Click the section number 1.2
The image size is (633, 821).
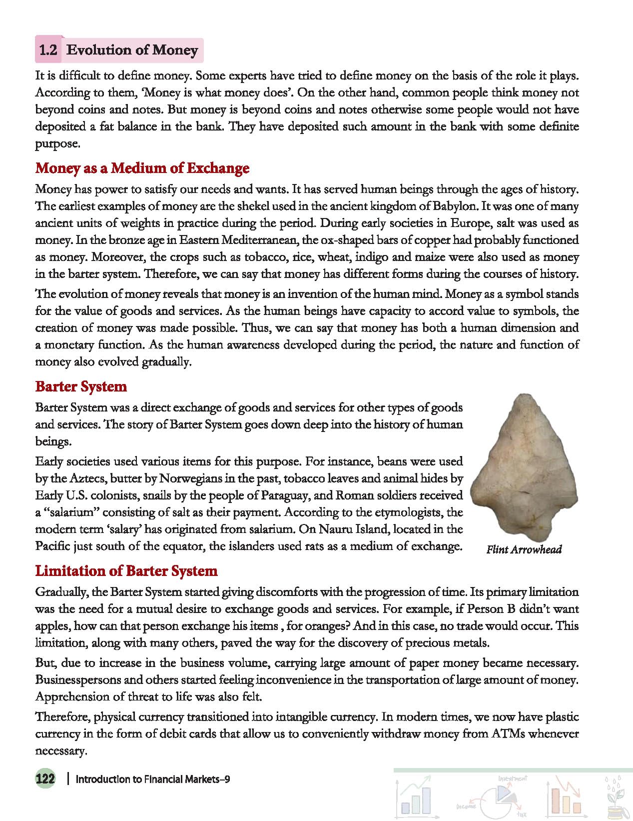(x=48, y=50)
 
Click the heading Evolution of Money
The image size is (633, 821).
(x=132, y=50)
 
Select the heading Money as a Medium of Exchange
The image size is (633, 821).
(x=142, y=168)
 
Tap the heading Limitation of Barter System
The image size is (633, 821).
(x=126, y=571)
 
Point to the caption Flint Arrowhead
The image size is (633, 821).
(x=524, y=550)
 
